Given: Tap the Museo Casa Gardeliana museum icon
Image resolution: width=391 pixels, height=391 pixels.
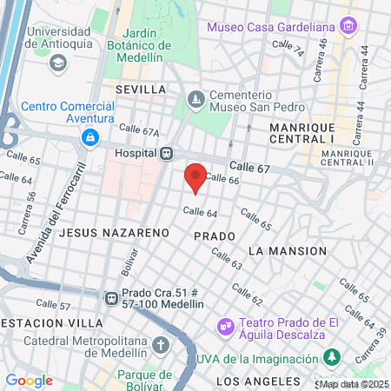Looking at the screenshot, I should click(x=348, y=26).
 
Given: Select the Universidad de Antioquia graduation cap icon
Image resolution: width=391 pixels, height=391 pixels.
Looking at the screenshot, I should click(x=58, y=63).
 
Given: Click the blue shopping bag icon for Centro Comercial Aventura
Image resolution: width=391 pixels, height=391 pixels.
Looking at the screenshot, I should click(x=89, y=137).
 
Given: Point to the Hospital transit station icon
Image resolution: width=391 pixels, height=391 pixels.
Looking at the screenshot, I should click(x=165, y=153).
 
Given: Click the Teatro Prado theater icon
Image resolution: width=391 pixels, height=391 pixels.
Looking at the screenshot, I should click(x=225, y=327).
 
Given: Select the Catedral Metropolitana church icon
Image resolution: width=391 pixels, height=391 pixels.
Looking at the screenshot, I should click(x=159, y=345).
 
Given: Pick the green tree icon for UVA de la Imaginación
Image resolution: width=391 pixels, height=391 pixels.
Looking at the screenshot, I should click(x=330, y=357).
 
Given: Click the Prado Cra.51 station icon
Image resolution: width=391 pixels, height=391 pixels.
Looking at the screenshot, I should click(x=110, y=298).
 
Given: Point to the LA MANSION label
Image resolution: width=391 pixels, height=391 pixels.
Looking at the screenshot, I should click(x=287, y=250).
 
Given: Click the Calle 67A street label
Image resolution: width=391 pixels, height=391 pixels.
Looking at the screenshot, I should click(x=139, y=131).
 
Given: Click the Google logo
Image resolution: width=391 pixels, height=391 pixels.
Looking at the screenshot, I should click(x=29, y=380).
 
